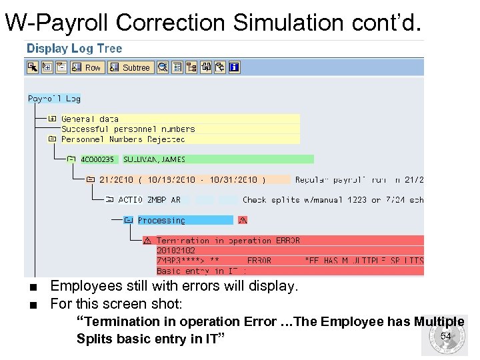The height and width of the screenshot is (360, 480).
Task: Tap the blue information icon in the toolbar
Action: [234, 67]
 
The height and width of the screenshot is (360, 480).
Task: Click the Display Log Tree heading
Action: [74, 49]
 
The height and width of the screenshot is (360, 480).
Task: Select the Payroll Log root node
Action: [54, 99]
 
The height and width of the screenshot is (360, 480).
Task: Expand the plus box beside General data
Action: [52, 119]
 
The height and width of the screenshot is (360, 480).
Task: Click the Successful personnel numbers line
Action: [128, 129]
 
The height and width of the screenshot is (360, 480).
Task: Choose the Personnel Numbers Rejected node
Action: [123, 139]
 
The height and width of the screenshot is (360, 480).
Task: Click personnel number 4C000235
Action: [97, 159]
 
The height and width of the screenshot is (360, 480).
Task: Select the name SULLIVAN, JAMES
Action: [154, 159]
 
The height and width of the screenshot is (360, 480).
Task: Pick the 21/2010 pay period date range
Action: [182, 179]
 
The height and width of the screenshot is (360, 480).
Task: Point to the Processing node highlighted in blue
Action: [161, 220]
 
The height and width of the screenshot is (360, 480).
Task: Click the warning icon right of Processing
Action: [243, 220]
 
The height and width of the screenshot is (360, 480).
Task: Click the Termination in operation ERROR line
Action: [228, 240]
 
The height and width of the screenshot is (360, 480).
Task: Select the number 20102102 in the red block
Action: [176, 251]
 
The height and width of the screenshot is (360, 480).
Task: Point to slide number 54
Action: [446, 336]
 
